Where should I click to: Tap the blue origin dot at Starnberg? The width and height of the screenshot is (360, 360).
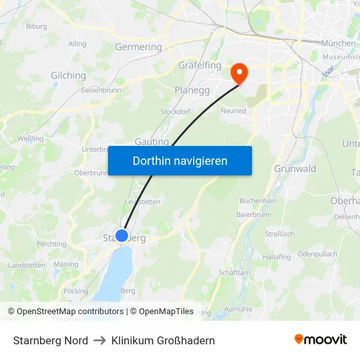(122, 236)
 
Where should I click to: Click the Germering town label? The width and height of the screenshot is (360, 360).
(138, 47)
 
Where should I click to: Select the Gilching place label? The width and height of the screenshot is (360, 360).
(68, 75)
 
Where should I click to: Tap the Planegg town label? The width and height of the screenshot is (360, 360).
(192, 90)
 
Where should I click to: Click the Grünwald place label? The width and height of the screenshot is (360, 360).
(295, 168)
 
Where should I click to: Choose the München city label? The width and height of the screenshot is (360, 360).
(338, 43)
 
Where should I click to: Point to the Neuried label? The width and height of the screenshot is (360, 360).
(233, 111)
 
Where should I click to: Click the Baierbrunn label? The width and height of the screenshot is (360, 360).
(253, 214)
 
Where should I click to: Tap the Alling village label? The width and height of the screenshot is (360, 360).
(77, 44)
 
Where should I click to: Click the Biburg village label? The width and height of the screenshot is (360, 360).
(36, 26)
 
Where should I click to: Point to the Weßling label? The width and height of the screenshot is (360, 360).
(30, 138)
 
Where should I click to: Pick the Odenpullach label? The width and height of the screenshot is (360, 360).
(317, 254)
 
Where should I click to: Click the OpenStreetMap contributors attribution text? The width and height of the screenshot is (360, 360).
(70, 312)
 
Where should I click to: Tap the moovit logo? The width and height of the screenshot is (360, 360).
(321, 339)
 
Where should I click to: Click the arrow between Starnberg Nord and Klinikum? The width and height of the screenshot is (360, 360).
(99, 340)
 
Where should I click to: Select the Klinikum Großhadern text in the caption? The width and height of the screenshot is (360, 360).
(163, 340)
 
